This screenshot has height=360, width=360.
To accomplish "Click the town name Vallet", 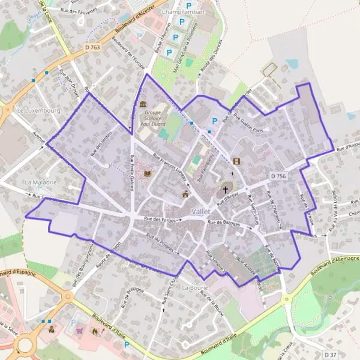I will (201, 212).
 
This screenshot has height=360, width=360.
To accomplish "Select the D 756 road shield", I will (278, 176).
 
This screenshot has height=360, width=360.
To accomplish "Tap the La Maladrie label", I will (40, 181).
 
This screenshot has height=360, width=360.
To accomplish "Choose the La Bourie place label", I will (194, 287).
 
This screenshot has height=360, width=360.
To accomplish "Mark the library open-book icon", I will (148, 174).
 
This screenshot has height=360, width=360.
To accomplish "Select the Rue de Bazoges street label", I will (223, 223).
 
